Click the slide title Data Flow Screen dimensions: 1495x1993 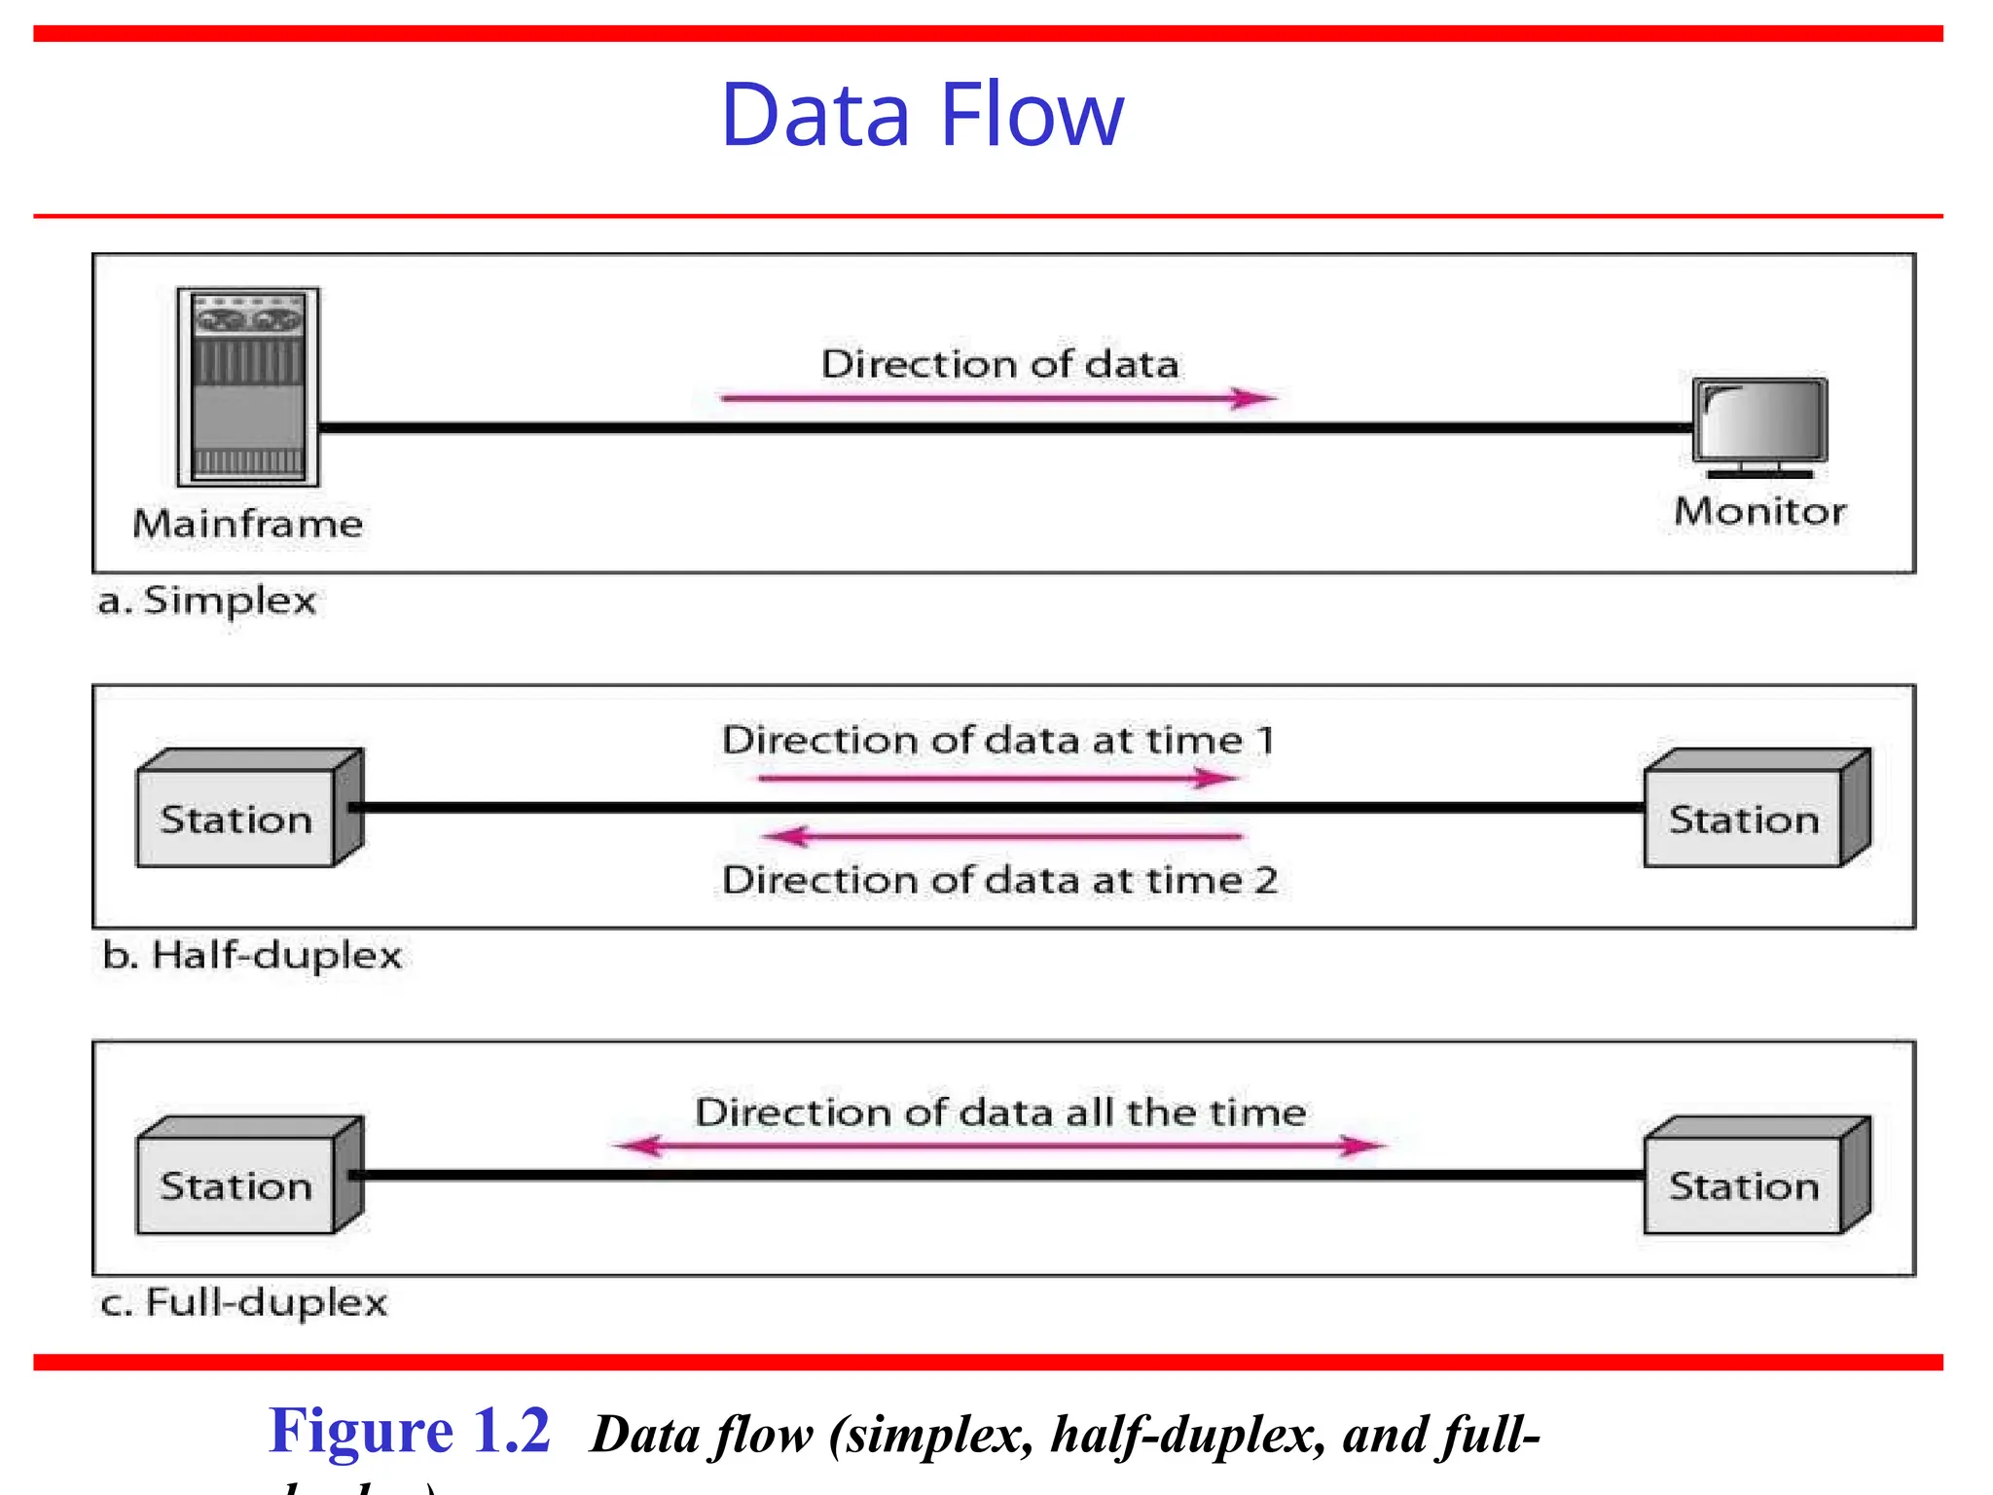pyautogui.click(x=922, y=115)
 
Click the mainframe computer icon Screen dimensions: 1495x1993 pyautogui.click(x=248, y=386)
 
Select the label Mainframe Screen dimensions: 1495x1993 pyautogui.click(x=248, y=524)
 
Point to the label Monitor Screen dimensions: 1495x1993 pyautogui.click(x=1759, y=511)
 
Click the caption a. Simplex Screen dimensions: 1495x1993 pyautogui.click(x=207, y=601)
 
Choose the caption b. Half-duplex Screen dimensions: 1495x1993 pyautogui.click(x=252, y=955)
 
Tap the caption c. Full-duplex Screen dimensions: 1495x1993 pyautogui.click(x=244, y=1302)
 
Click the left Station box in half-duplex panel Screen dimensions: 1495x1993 pyautogui.click(x=236, y=819)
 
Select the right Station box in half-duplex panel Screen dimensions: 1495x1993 pyautogui.click(x=1744, y=819)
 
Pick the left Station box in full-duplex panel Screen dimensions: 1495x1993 pyautogui.click(x=236, y=1185)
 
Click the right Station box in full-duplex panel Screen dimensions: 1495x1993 pyautogui.click(x=1744, y=1185)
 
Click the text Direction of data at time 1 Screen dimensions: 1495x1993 pyautogui.click(x=998, y=741)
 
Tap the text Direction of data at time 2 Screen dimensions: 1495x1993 pyautogui.click(x=999, y=880)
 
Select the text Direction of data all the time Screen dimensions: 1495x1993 pyautogui.click(x=1000, y=1112)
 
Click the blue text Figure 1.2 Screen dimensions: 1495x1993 pyautogui.click(x=410, y=1431)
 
